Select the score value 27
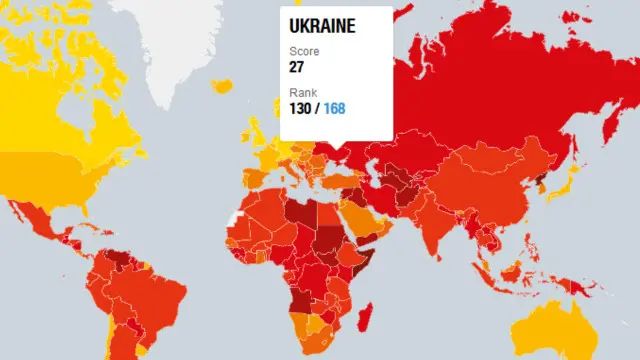(x=297, y=67)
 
